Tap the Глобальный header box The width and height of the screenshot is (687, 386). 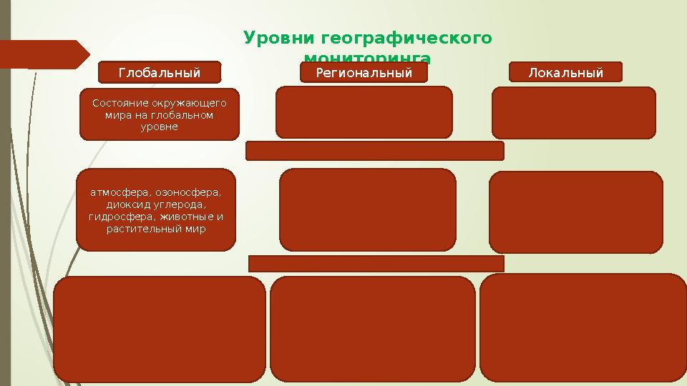(x=159, y=73)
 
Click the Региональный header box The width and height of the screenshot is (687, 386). (x=364, y=73)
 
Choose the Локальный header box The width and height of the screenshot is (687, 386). (x=565, y=72)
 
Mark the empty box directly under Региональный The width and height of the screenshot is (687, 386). (x=364, y=112)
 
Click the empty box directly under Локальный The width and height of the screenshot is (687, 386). (x=573, y=112)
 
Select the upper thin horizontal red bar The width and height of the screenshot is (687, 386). (x=374, y=151)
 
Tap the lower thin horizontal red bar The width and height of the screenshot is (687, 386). (x=376, y=263)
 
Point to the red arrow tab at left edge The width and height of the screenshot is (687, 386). (x=43, y=54)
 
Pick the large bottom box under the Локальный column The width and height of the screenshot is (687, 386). (x=583, y=329)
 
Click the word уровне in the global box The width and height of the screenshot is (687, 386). (x=160, y=127)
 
